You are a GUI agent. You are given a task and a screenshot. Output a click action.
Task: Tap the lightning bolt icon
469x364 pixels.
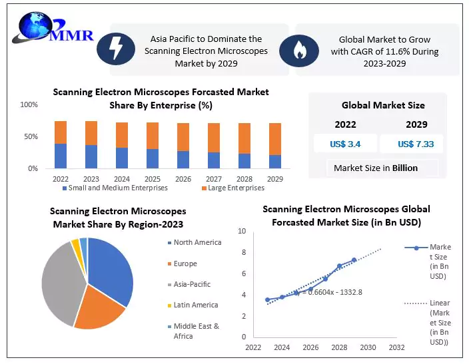115,47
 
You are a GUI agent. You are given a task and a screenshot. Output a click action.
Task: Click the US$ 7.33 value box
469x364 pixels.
411,144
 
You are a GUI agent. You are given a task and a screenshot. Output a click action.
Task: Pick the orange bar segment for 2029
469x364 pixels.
275,139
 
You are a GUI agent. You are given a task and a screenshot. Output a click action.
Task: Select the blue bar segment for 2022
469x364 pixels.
61,156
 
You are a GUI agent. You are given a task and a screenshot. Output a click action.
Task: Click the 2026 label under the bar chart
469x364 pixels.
183,179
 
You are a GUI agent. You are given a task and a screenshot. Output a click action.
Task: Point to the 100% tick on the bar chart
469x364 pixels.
29,105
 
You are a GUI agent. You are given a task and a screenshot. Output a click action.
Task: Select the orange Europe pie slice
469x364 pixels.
102,309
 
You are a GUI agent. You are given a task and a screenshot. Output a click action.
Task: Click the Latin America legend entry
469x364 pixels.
195,305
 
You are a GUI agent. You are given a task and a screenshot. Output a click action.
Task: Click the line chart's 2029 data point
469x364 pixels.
354,260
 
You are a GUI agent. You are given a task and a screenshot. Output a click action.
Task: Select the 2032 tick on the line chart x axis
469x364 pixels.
396,347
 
